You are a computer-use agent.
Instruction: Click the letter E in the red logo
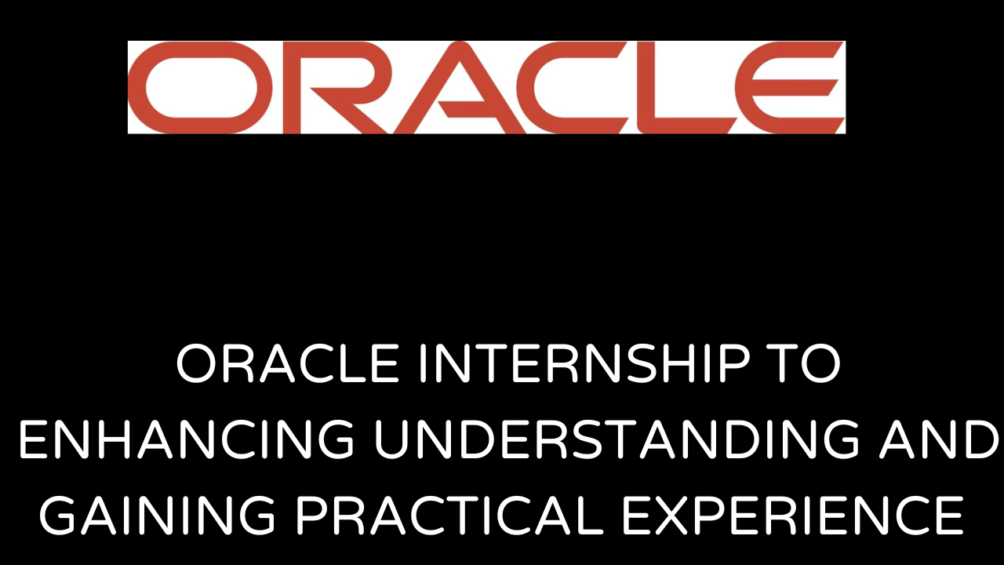(x=784, y=88)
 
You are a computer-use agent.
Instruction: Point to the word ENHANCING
(x=187, y=441)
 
